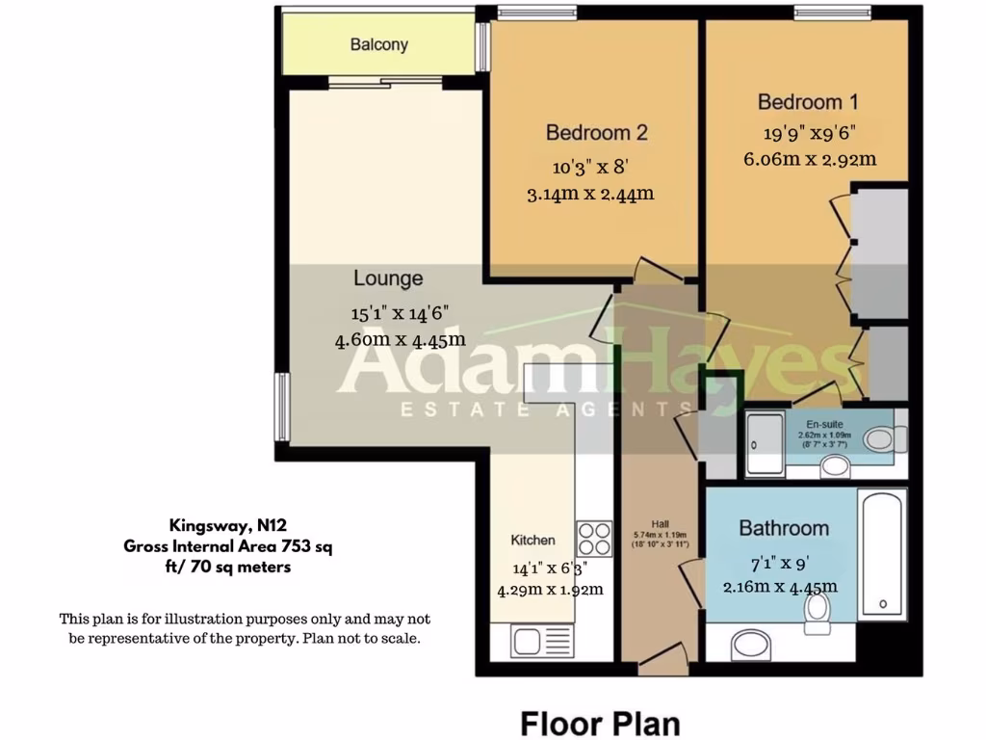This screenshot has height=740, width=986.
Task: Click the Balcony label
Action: [378, 44]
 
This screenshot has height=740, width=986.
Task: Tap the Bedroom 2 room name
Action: [596, 132]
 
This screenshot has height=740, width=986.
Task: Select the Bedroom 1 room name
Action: [807, 102]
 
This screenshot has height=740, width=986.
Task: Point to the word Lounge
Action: [388, 278]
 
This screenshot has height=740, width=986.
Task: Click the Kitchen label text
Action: [532, 541]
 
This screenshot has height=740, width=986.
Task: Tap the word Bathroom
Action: [784, 528]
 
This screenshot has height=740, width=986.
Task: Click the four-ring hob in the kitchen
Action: [594, 538]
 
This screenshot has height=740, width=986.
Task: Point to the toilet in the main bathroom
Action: [817, 606]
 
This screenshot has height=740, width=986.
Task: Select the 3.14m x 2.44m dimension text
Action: [590, 194]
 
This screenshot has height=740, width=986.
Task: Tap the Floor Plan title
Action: [600, 723]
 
